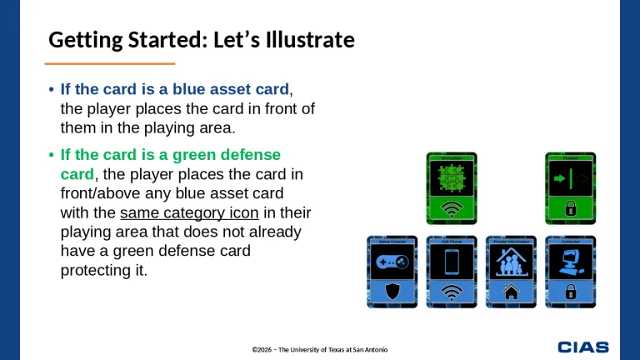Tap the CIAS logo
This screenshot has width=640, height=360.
click(x=583, y=347)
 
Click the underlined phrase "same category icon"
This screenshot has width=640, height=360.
click(x=189, y=212)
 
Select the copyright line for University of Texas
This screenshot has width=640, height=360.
click(x=320, y=348)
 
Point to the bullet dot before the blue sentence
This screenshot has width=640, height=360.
click(x=52, y=90)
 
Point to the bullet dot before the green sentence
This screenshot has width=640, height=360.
click(x=52, y=156)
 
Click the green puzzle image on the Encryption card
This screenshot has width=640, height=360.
click(x=451, y=177)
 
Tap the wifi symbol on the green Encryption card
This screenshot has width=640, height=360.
click(x=451, y=208)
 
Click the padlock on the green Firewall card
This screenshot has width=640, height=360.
click(x=571, y=208)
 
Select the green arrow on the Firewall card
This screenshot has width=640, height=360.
click(x=557, y=177)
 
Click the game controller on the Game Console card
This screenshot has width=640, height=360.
click(x=392, y=262)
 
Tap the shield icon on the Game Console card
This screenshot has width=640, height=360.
click(x=392, y=292)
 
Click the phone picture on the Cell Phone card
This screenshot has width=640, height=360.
click(x=451, y=262)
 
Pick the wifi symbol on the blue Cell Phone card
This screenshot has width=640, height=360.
click(x=451, y=292)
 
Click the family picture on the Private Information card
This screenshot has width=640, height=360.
click(x=510, y=262)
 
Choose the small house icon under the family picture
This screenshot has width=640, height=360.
click(x=510, y=292)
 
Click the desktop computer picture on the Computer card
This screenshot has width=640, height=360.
click(x=571, y=261)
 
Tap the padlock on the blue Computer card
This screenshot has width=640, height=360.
click(x=571, y=292)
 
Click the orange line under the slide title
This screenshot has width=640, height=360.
click(x=109, y=63)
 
